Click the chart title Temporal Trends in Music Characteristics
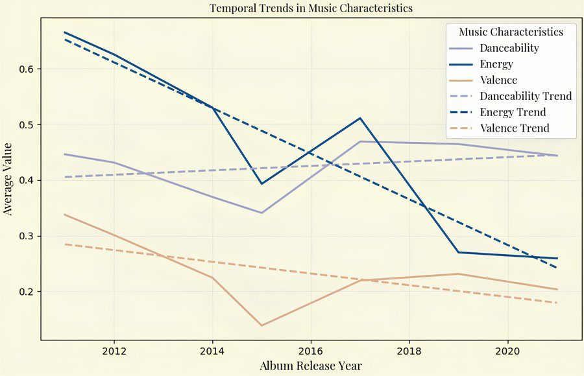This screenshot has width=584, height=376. coord(311,8)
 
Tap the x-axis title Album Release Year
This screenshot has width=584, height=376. coord(311,366)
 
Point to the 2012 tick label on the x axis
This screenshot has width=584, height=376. coord(114,351)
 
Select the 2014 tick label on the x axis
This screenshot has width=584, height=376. coord(212,351)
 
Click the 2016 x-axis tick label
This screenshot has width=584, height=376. coord(311,351)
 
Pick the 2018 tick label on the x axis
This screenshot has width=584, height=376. coord(409,351)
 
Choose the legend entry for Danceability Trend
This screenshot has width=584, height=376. coord(526,96)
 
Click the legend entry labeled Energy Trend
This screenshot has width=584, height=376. coord(513,112)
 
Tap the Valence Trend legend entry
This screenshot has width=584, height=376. coord(515,128)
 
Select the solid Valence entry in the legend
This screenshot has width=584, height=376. coord(498,80)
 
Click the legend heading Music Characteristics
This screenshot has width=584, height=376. coord(511,32)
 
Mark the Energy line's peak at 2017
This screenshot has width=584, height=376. coord(360,118)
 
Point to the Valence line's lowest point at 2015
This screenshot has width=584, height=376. coord(262,325)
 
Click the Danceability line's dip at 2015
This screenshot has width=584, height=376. coord(262,213)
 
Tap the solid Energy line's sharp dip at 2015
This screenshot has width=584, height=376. coord(262,183)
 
